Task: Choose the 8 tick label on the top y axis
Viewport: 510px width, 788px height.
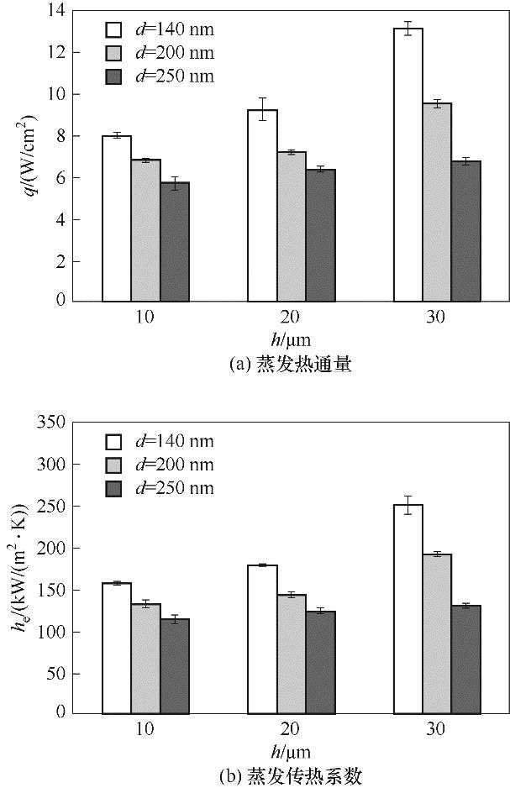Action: point(60,136)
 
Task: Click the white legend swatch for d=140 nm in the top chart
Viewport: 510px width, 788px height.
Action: point(114,30)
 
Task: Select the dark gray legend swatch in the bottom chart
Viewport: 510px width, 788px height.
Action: point(114,488)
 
